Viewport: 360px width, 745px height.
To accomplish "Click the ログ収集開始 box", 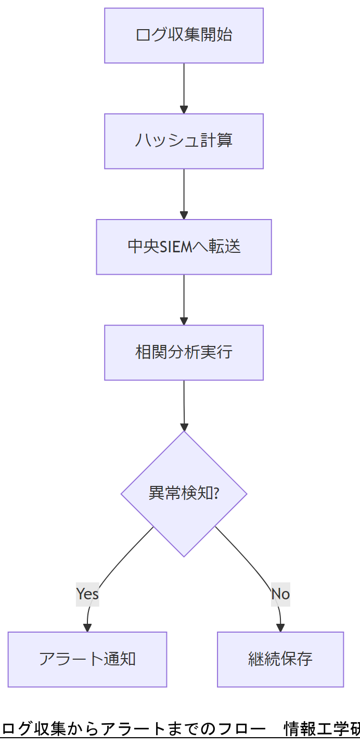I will click(x=184, y=35).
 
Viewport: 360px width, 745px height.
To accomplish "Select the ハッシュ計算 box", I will click(x=184, y=141).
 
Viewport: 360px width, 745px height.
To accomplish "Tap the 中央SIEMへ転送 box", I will click(x=184, y=247).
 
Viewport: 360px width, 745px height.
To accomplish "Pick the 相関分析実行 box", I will click(x=184, y=352).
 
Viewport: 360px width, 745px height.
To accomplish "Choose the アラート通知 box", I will click(x=87, y=659).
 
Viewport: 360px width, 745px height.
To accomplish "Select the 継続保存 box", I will click(x=280, y=659).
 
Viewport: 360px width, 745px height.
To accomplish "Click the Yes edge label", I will click(x=87, y=594).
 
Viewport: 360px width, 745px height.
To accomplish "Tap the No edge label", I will click(x=280, y=594).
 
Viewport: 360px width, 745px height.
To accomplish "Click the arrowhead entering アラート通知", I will click(x=87, y=627).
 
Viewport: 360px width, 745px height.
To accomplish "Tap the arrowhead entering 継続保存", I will click(x=280, y=627).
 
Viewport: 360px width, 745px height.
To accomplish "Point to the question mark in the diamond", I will click(x=215, y=493).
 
